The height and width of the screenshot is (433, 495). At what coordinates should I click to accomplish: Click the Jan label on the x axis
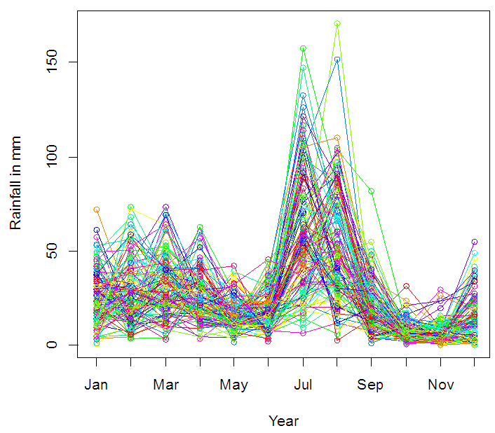[x=96, y=385]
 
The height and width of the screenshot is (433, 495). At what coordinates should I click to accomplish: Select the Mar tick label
[x=165, y=385]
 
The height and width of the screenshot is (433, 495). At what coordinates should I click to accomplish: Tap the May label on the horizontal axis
[x=234, y=385]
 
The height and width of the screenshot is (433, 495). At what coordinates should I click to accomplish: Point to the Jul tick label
[x=303, y=385]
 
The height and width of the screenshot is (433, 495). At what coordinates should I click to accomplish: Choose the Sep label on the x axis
[x=371, y=385]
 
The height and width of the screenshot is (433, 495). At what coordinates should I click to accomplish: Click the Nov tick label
[x=440, y=385]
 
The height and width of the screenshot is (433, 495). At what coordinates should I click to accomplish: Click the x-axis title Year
[x=283, y=421]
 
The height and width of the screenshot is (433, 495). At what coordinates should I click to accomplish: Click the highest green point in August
[x=337, y=24]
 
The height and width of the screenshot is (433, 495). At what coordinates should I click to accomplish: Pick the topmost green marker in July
[x=303, y=48]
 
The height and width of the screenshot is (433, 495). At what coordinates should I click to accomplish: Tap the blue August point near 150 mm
[x=337, y=60]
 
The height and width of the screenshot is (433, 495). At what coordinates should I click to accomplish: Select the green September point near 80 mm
[x=372, y=191]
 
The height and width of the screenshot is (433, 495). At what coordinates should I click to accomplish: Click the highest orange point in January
[x=97, y=209]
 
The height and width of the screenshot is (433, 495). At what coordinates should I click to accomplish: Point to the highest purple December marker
[x=475, y=242]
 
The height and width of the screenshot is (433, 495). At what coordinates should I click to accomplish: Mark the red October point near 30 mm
[x=406, y=287]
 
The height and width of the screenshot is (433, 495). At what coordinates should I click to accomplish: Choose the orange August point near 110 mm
[x=337, y=137]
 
